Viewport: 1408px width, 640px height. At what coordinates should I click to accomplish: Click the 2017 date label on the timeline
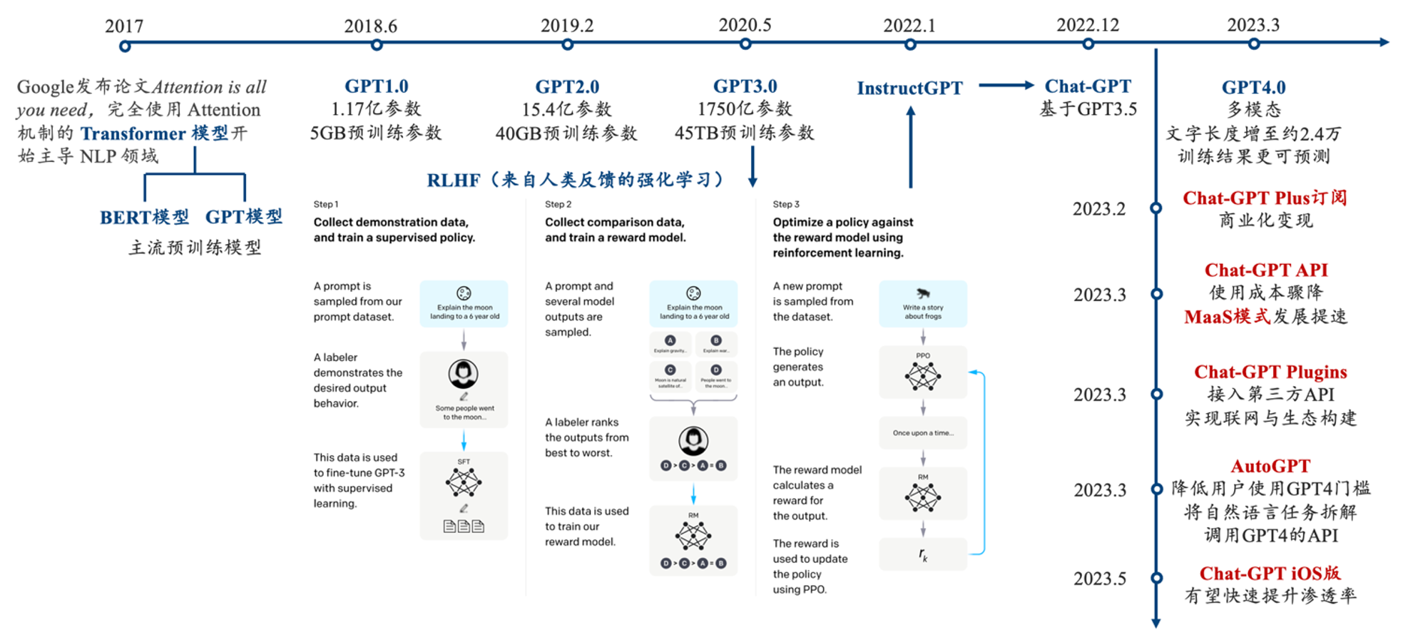124,26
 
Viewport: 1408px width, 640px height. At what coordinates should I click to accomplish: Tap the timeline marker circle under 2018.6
377,45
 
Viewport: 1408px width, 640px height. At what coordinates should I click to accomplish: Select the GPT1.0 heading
377,86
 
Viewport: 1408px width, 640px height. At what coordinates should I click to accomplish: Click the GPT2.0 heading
567,87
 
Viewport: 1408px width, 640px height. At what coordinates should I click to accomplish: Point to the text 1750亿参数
745,109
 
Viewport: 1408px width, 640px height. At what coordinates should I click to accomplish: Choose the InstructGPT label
909,88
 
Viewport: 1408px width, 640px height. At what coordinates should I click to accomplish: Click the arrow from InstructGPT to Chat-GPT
1006,86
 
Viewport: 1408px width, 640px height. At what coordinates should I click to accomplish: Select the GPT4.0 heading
1253,88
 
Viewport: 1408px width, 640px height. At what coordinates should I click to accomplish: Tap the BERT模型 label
145,218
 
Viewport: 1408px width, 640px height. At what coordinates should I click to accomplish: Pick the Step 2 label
558,204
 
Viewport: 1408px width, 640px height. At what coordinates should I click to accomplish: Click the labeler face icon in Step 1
464,373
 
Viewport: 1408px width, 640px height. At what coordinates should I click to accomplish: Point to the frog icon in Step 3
923,293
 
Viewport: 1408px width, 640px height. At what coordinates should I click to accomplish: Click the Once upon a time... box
923,433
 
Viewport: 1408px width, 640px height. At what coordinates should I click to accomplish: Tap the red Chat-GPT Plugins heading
1270,372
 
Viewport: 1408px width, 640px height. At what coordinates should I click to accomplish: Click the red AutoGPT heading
1270,467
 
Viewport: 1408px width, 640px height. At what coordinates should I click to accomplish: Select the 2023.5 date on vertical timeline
1100,579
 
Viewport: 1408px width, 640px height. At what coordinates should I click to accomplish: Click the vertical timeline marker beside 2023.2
1156,208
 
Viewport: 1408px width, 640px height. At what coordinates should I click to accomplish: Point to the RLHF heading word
454,181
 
